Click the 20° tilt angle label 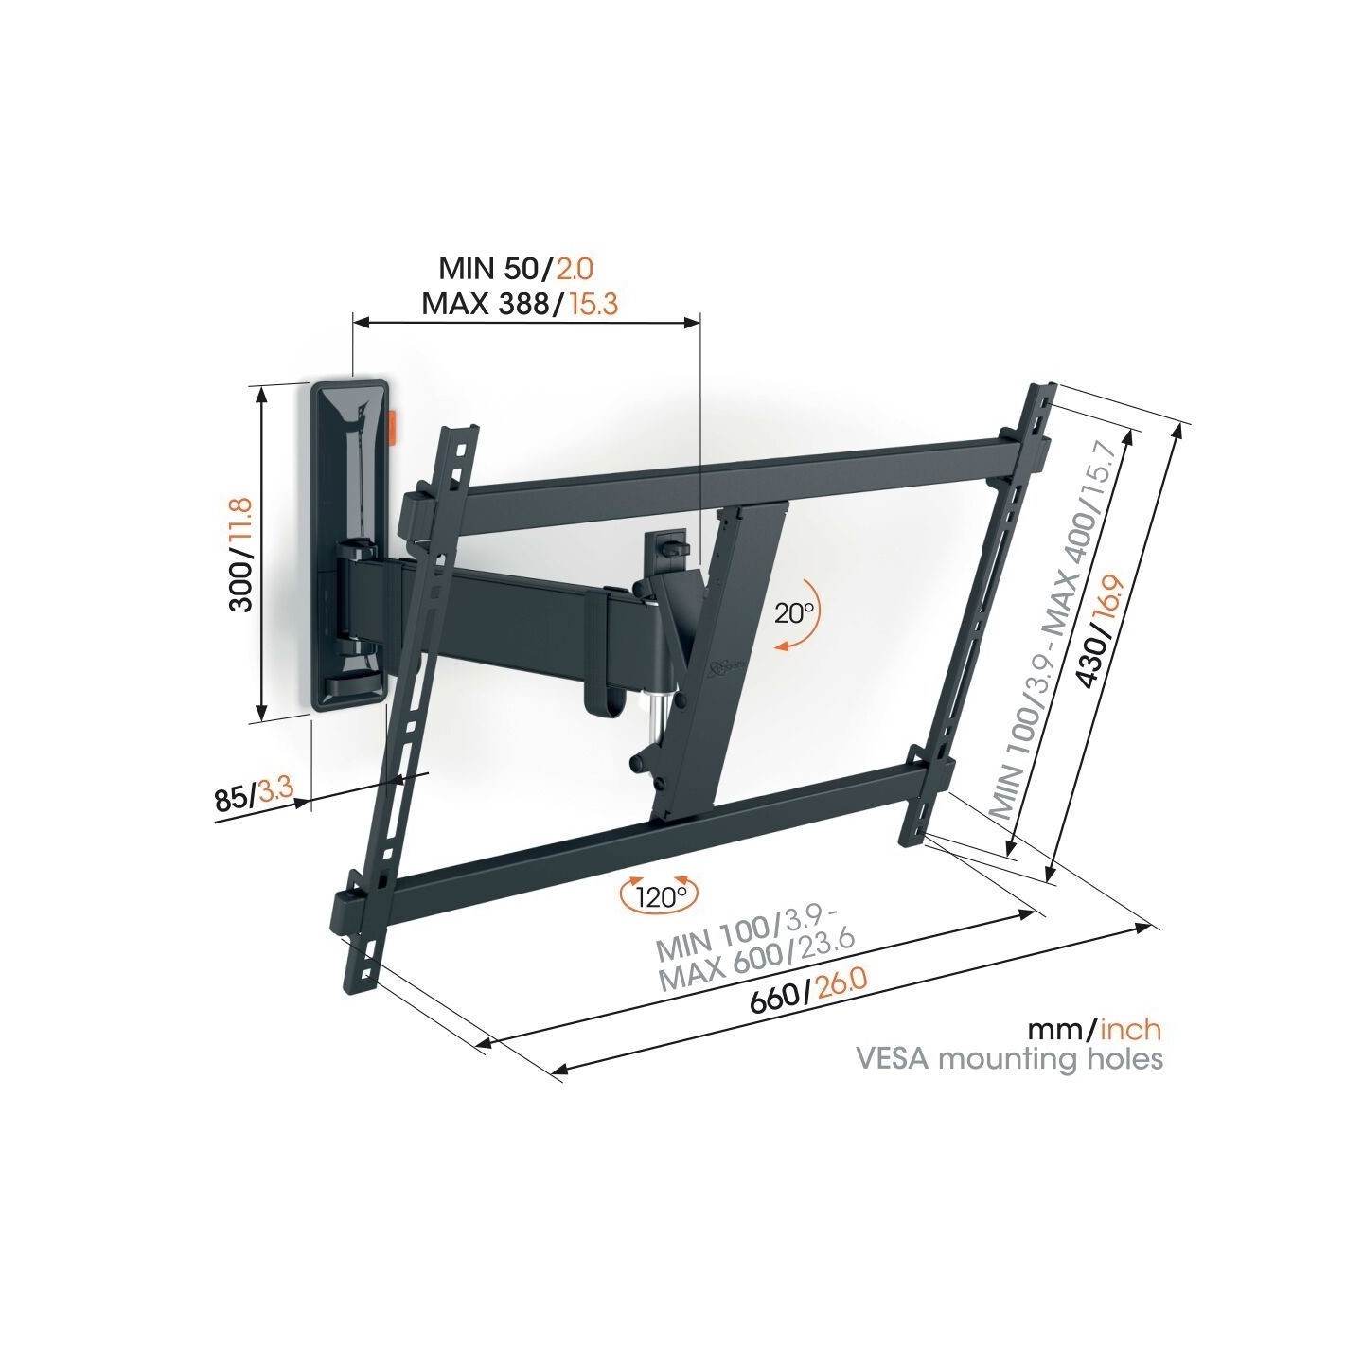click(x=794, y=612)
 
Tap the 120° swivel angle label click(x=659, y=895)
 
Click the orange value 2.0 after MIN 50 click(x=574, y=268)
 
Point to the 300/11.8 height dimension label click(x=242, y=554)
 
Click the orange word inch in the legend click(x=1131, y=1029)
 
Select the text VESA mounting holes click(x=1009, y=1057)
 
